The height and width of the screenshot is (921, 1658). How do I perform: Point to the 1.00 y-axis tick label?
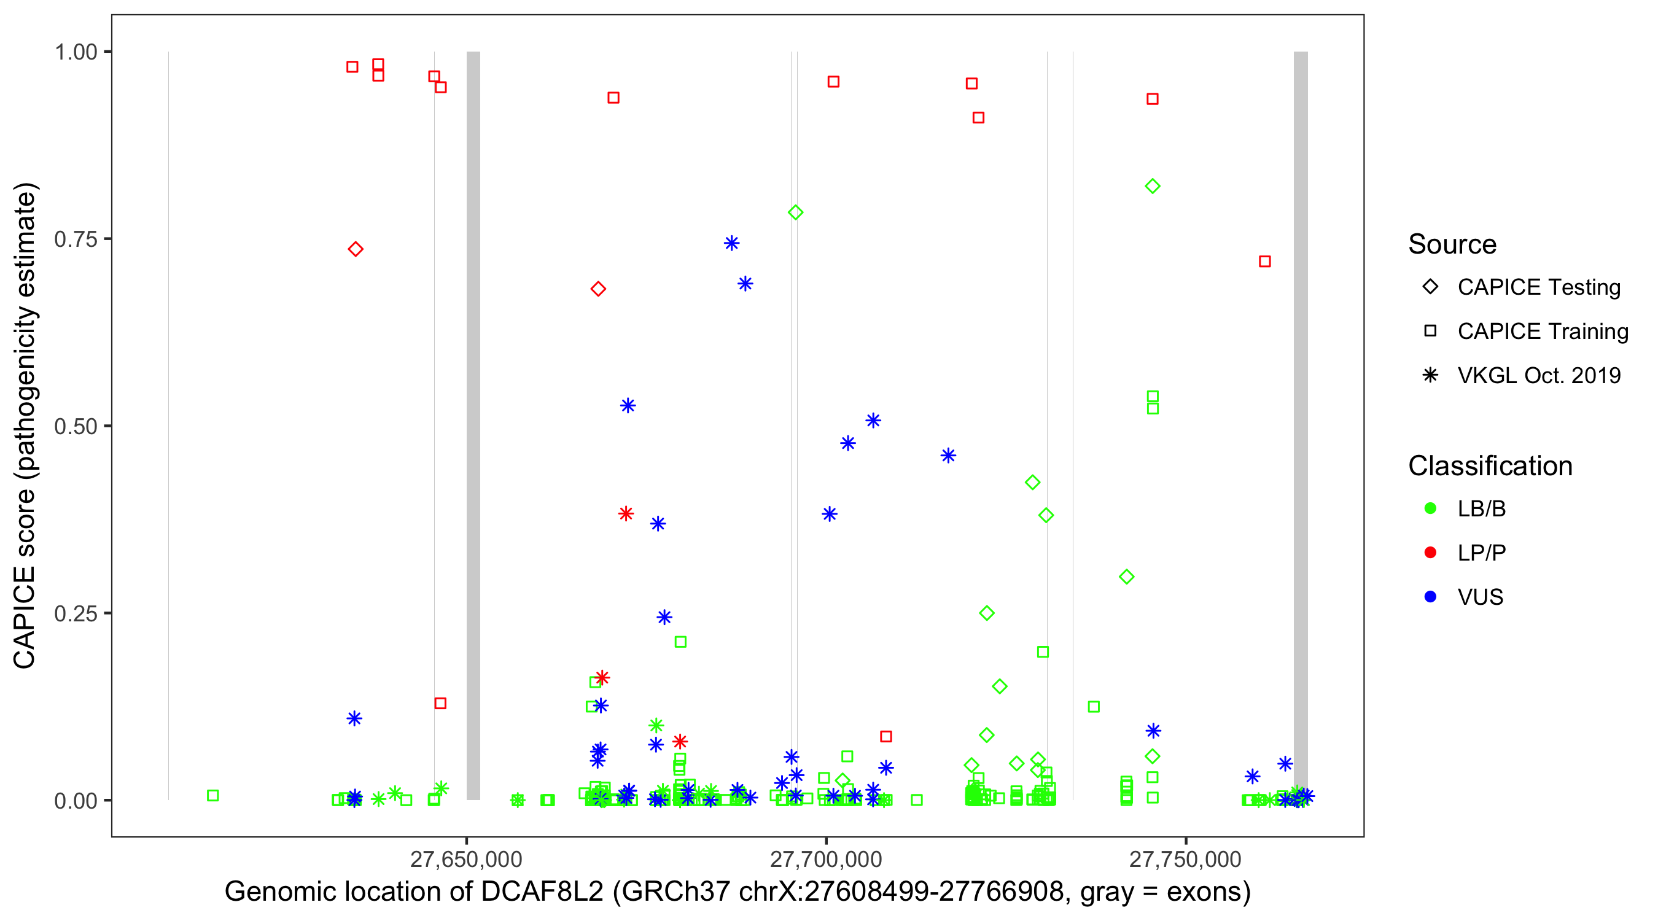pyautogui.click(x=76, y=52)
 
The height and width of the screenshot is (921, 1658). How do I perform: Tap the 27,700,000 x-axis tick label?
pyautogui.click(x=826, y=859)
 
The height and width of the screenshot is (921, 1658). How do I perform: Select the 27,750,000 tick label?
pyautogui.click(x=1185, y=859)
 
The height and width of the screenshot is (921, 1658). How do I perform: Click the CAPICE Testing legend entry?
pyautogui.click(x=1538, y=287)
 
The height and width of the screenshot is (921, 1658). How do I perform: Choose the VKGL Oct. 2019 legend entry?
pyautogui.click(x=1538, y=375)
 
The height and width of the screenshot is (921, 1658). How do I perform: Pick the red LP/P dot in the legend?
pyautogui.click(x=1430, y=553)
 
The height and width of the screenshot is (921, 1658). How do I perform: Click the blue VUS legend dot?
pyautogui.click(x=1430, y=597)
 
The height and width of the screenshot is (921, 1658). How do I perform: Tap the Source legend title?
pyautogui.click(x=1452, y=244)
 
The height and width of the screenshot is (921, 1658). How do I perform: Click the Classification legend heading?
pyautogui.click(x=1490, y=466)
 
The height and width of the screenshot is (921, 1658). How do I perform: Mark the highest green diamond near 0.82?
pyautogui.click(x=1152, y=187)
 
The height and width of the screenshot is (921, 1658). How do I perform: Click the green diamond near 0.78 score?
pyautogui.click(x=795, y=212)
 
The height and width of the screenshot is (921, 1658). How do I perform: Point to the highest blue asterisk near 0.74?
pyautogui.click(x=731, y=243)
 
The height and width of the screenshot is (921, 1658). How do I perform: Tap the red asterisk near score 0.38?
pyautogui.click(x=626, y=513)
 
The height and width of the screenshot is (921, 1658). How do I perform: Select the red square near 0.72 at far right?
pyautogui.click(x=1265, y=262)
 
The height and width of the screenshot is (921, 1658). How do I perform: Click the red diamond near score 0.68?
pyautogui.click(x=598, y=289)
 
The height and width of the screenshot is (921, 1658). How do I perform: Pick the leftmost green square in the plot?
pyautogui.click(x=213, y=796)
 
